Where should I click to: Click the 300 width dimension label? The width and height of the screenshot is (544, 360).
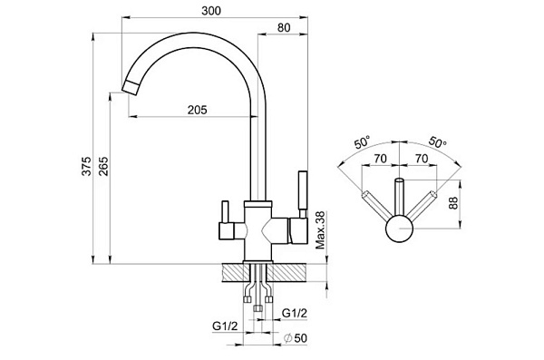(x=211, y=11)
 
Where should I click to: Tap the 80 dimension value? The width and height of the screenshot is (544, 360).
(x=284, y=28)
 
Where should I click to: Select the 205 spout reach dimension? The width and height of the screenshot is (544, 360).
(x=197, y=110)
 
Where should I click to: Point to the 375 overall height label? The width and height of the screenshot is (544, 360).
(x=87, y=166)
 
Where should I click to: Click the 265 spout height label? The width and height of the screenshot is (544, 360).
(x=104, y=166)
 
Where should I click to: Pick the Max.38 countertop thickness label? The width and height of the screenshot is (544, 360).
(x=321, y=230)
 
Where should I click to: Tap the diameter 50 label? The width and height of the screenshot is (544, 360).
(x=296, y=337)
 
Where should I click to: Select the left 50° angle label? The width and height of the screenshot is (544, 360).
(x=363, y=142)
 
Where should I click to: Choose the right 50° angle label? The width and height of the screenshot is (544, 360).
(x=438, y=142)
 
